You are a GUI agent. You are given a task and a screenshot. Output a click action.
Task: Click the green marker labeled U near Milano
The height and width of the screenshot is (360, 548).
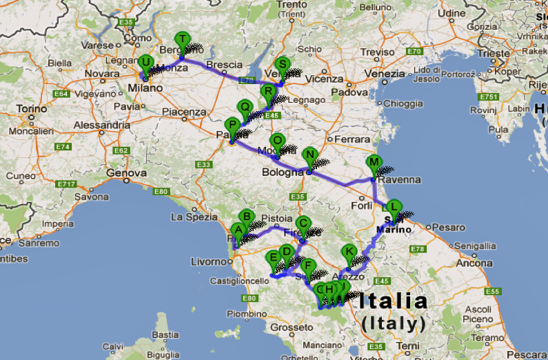[x=145, y=63]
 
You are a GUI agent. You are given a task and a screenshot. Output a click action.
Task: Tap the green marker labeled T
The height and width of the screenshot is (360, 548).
[x=182, y=39]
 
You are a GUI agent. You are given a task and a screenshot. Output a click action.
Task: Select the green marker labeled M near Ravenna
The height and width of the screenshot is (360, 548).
[x=374, y=163]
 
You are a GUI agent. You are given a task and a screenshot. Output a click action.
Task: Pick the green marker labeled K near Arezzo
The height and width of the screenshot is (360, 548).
[x=349, y=252]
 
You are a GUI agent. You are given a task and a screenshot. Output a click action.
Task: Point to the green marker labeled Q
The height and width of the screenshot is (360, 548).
[x=244, y=107]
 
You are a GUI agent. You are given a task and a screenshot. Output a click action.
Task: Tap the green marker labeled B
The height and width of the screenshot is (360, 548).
[x=247, y=217]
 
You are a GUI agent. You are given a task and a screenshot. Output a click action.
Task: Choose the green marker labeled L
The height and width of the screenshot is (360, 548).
[x=393, y=206]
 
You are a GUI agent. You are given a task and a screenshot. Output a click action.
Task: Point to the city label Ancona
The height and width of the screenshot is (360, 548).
[x=474, y=263]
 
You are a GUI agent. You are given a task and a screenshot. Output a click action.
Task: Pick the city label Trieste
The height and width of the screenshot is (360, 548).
[x=493, y=52]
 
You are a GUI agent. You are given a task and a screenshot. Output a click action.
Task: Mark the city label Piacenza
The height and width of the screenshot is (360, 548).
[x=184, y=112]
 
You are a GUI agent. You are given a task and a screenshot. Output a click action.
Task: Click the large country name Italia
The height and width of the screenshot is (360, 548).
[x=392, y=302]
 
